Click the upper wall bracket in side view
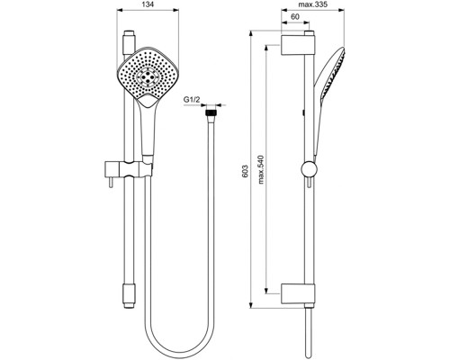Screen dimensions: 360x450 [299, 46]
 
